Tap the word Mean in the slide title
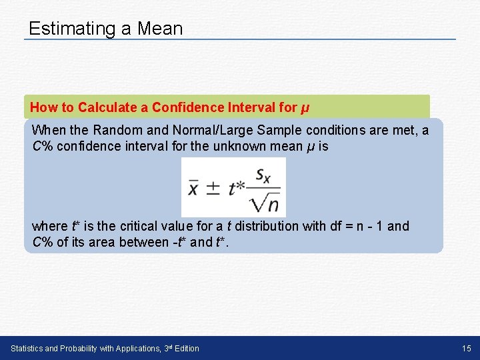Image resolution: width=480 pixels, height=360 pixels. pyautogui.click(x=159, y=29)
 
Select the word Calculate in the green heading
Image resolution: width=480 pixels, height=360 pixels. pyautogui.click(x=113, y=107)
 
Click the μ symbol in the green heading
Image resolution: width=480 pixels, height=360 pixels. pyautogui.click(x=305, y=108)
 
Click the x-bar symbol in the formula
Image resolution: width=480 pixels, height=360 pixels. pyautogui.click(x=193, y=188)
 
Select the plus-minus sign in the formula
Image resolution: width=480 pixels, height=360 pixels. pyautogui.click(x=213, y=188)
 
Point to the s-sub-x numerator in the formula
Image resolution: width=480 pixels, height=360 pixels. pyautogui.click(x=263, y=176)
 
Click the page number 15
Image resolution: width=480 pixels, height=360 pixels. pyautogui.click(x=466, y=349)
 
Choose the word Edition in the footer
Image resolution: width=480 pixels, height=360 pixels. pyautogui.click(x=185, y=349)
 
